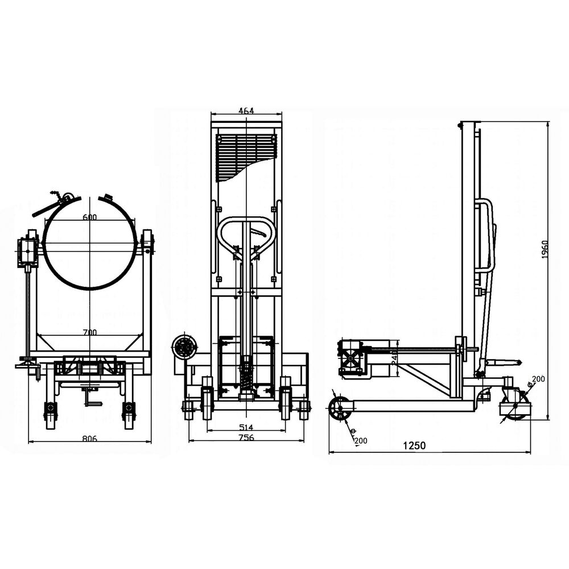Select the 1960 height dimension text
[544, 249]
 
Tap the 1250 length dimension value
[415, 446]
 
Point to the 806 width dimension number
[90, 439]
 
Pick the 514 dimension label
[246, 427]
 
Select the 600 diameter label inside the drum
[89, 217]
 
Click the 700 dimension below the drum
[89, 332]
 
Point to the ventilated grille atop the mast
[246, 152]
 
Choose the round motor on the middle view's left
[184, 347]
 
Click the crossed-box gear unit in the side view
[350, 357]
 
